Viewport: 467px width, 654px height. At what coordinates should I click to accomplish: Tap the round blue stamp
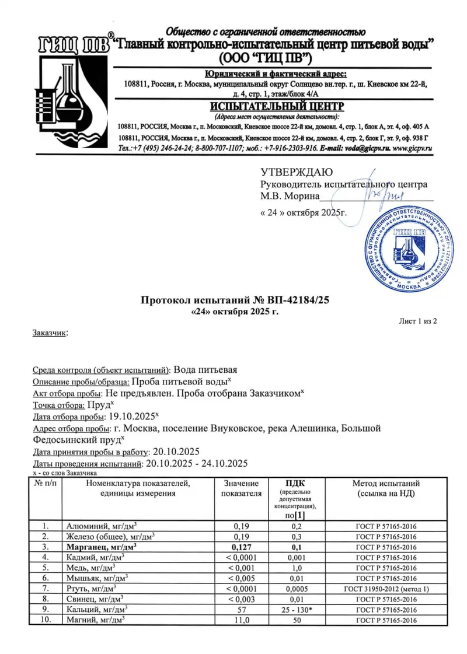coord(407,252)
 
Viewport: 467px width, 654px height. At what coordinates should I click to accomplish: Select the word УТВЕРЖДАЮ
coord(296,172)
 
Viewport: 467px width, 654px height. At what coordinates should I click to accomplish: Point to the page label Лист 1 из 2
coord(417,321)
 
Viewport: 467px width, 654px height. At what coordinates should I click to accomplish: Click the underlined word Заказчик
coord(48,333)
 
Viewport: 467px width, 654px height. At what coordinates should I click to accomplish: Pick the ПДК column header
coord(295,483)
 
